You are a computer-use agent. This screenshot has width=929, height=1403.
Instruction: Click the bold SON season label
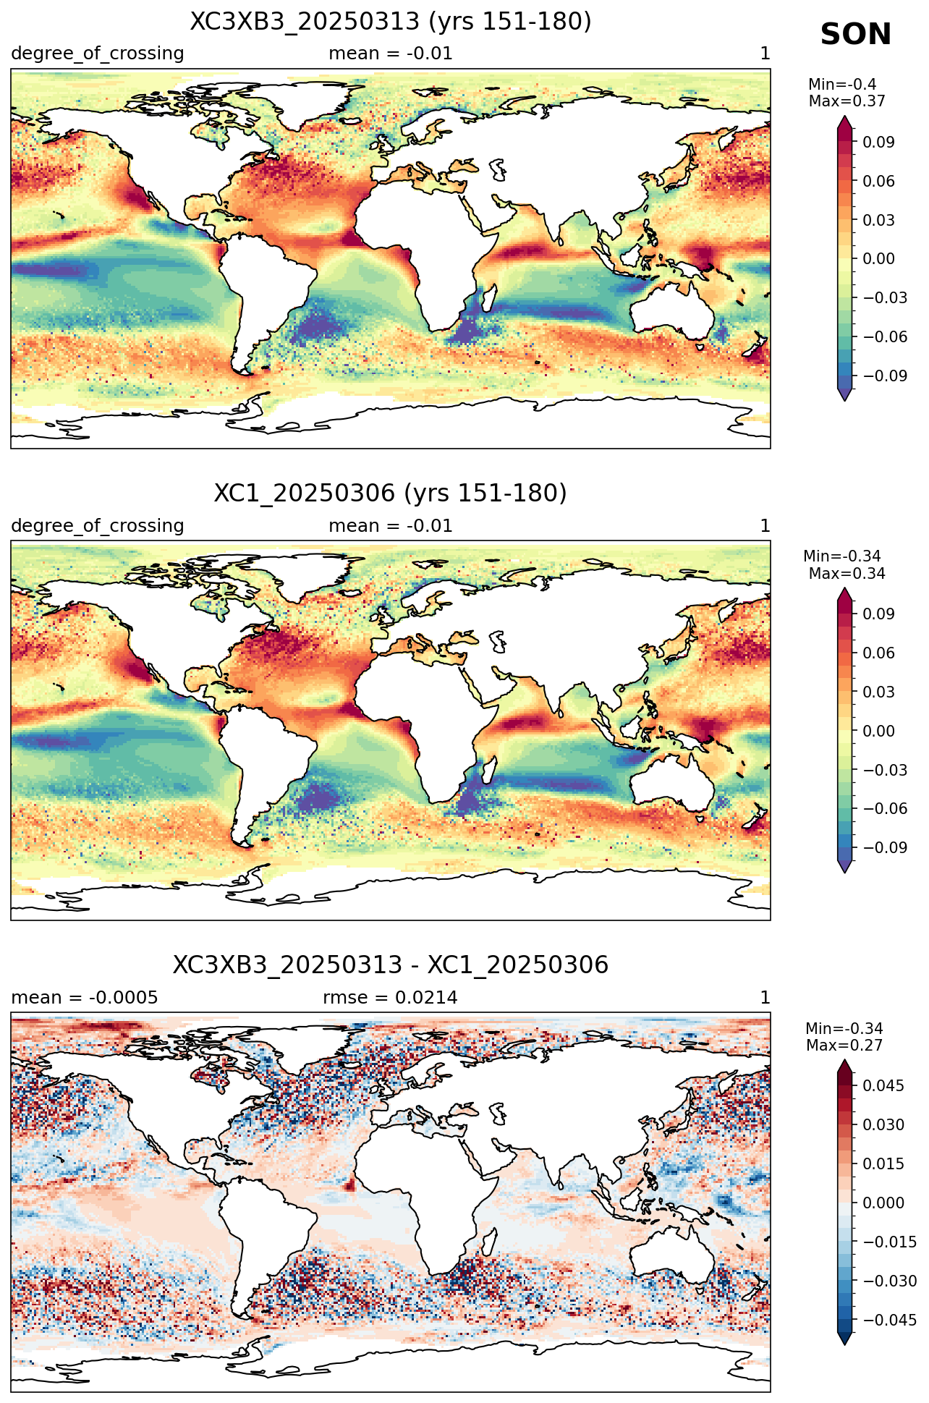(x=856, y=35)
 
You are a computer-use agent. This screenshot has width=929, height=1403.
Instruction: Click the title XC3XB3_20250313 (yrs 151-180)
(x=391, y=22)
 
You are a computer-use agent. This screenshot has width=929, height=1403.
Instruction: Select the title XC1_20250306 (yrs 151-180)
(x=391, y=493)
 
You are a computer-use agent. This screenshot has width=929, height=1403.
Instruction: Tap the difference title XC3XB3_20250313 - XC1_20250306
(x=391, y=965)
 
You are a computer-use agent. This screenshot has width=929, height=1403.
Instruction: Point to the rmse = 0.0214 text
(x=391, y=998)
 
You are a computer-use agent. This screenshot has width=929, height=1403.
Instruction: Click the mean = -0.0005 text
(x=85, y=998)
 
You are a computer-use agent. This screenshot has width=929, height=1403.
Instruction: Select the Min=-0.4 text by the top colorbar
(x=842, y=85)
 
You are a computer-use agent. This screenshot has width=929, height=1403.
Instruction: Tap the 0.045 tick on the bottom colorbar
(x=883, y=1086)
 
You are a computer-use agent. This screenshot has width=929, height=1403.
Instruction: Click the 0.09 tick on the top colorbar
(x=879, y=143)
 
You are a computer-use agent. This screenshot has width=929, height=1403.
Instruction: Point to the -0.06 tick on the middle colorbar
(x=885, y=809)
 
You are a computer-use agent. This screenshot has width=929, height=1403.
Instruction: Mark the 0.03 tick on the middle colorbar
(x=879, y=692)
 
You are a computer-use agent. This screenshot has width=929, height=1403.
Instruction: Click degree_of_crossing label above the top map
(x=98, y=54)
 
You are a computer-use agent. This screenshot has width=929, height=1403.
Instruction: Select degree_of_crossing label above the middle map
(x=98, y=526)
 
